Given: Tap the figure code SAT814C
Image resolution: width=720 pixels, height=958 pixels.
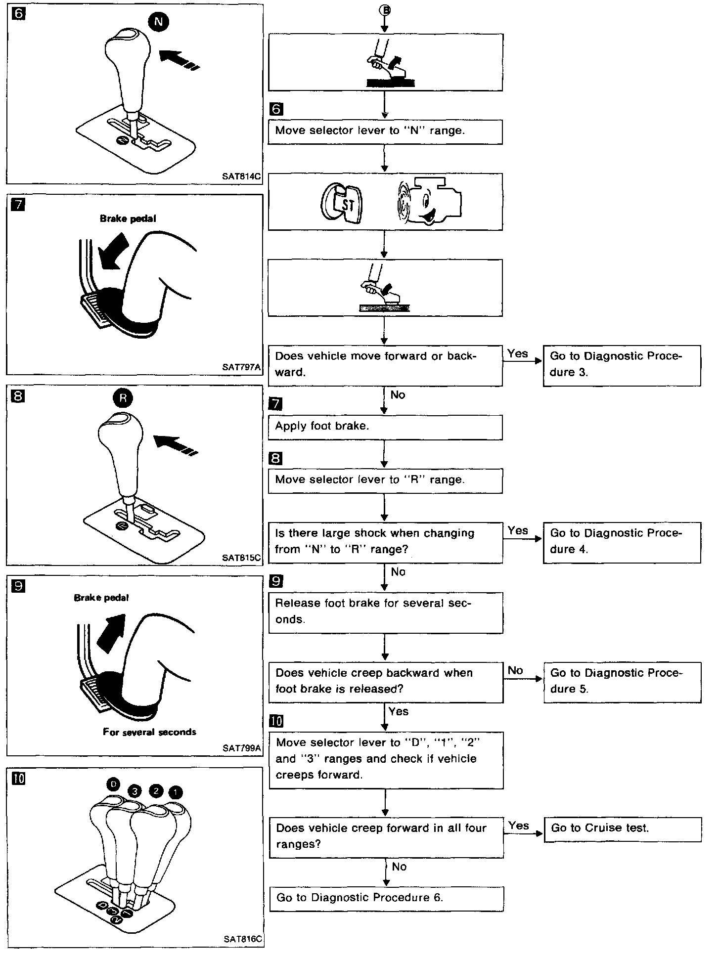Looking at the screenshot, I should [241, 176].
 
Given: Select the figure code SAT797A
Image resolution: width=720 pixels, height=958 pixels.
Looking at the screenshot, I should [241, 367].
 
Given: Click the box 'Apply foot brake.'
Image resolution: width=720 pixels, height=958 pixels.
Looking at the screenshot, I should [385, 427].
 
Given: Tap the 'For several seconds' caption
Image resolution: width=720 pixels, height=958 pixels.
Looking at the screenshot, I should [149, 732].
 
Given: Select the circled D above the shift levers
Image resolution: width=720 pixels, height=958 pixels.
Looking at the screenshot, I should [113, 784].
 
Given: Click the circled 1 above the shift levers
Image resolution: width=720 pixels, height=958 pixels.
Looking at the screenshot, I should [176, 792].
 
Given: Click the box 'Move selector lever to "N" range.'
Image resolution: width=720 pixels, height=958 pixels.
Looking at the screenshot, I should [385, 131].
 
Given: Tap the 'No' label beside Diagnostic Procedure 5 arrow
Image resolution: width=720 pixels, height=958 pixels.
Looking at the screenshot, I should [515, 670].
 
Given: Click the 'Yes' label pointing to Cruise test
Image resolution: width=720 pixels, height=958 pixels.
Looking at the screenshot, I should [518, 826].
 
